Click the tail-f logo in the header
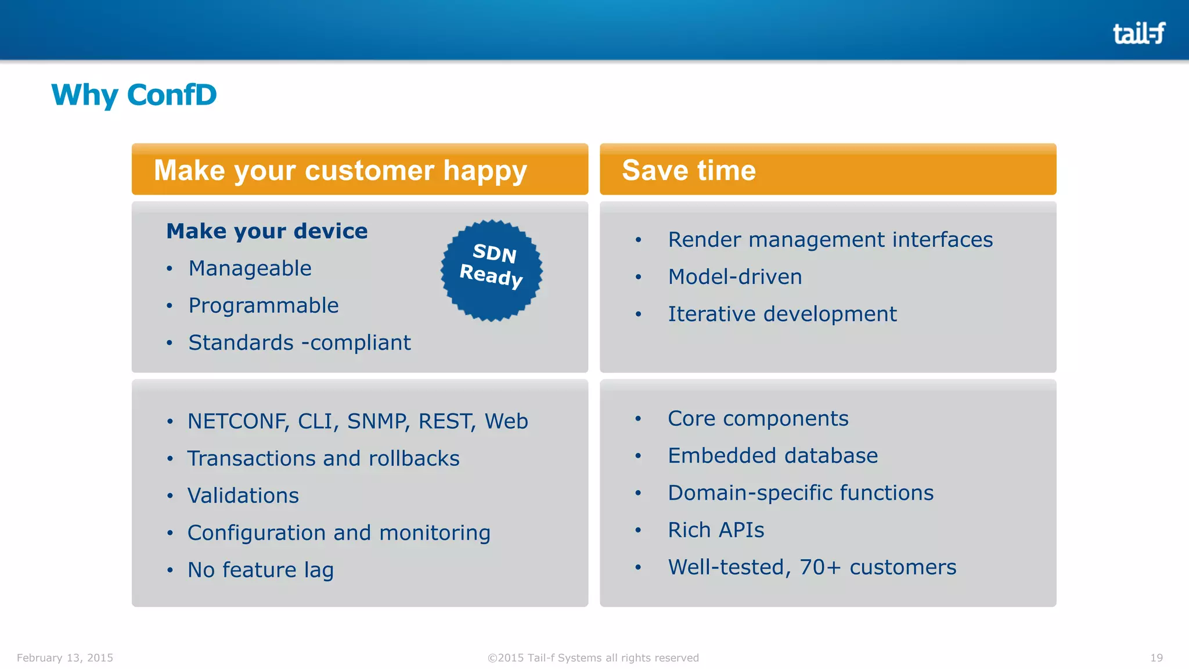(x=1138, y=33)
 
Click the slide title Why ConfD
(x=134, y=95)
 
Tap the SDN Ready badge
(x=492, y=270)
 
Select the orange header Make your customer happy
(x=340, y=170)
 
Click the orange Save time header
(x=689, y=170)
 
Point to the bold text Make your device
(x=267, y=231)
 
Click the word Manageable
(x=250, y=268)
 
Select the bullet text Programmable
(x=264, y=305)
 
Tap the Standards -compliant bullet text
(x=300, y=343)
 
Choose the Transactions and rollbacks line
(x=323, y=458)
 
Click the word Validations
(x=243, y=495)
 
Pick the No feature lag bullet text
(x=261, y=570)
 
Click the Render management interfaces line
(x=830, y=239)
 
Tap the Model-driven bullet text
(x=735, y=276)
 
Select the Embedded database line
(x=773, y=455)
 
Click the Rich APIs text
(x=716, y=530)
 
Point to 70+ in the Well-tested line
(x=820, y=567)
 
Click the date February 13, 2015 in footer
(x=65, y=657)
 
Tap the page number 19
(x=1156, y=657)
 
